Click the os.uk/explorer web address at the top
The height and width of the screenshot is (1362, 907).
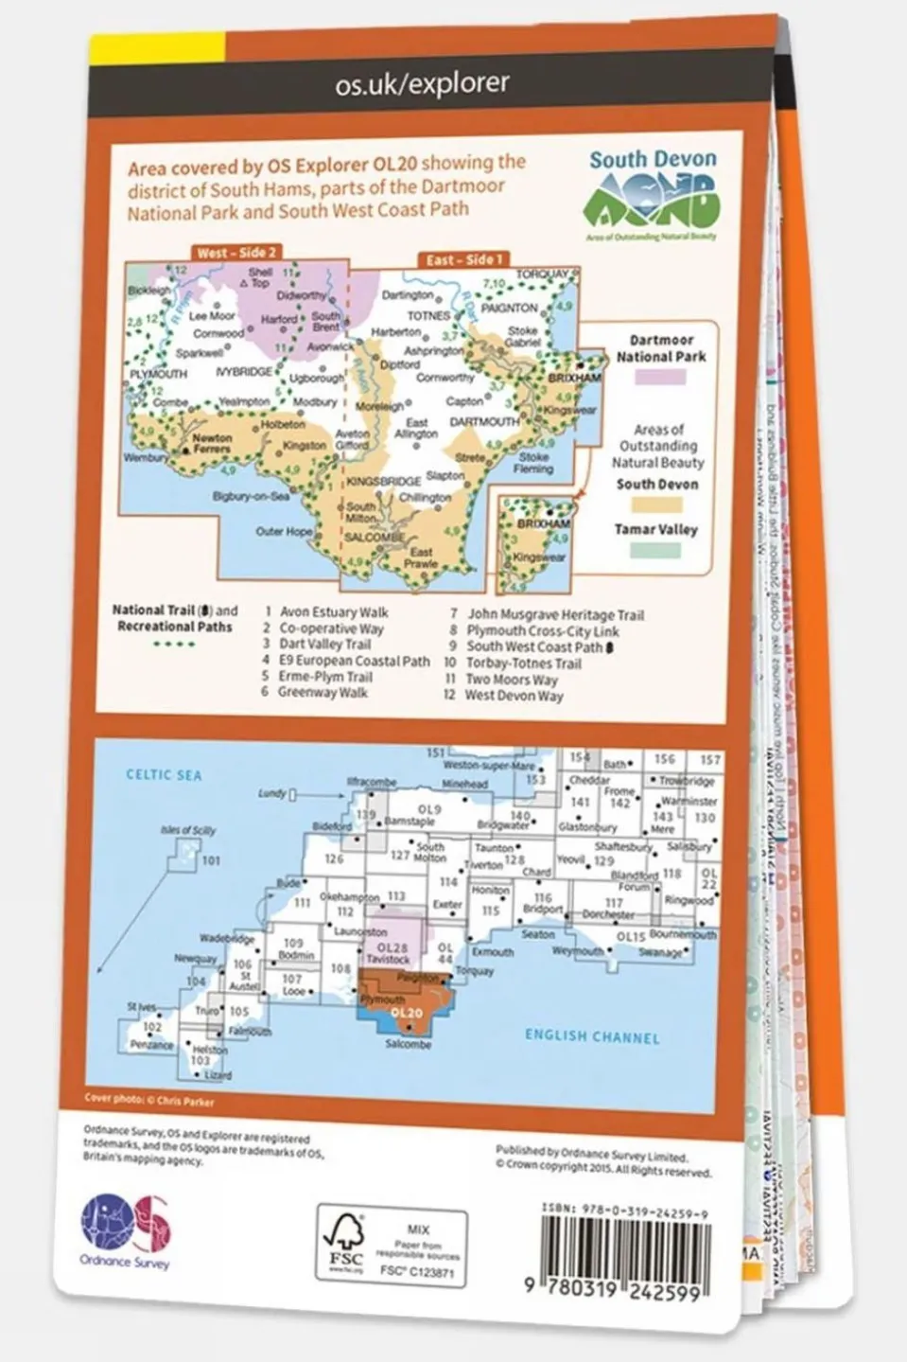[x=422, y=83]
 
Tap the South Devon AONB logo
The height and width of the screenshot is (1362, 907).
[x=653, y=194]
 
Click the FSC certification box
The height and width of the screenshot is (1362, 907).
[x=391, y=1245]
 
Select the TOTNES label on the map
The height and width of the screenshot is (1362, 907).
[x=429, y=315]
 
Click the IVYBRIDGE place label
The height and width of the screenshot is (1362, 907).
[x=243, y=372]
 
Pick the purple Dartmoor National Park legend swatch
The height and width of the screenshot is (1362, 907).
[x=660, y=377]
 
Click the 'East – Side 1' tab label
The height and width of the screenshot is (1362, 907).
[x=464, y=258]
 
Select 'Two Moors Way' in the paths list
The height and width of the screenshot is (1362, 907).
[x=512, y=679]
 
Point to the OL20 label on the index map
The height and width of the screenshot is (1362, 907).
[x=405, y=1013]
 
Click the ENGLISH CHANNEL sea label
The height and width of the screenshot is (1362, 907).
[x=592, y=1036]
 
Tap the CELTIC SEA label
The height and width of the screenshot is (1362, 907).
[x=164, y=774]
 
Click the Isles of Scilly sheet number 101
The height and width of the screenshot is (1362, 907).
[x=211, y=860]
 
